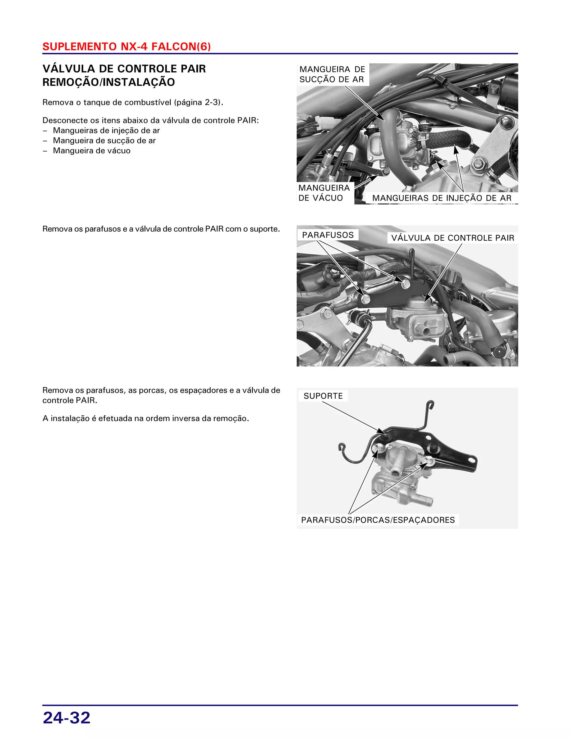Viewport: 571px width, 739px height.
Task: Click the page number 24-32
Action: (x=67, y=718)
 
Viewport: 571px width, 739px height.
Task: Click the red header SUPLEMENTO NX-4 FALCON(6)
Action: (x=127, y=46)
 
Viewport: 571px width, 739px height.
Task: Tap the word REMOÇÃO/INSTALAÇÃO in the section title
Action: (x=108, y=82)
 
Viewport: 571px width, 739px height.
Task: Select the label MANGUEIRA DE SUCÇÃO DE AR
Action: (x=332, y=74)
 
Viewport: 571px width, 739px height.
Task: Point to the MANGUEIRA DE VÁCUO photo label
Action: (x=324, y=193)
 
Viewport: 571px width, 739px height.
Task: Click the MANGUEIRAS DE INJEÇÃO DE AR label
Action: (x=441, y=198)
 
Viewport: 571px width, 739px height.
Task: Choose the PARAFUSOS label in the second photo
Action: (x=327, y=235)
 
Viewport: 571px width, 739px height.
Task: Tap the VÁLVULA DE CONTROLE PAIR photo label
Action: (x=452, y=238)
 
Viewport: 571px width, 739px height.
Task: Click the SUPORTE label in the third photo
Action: (x=323, y=396)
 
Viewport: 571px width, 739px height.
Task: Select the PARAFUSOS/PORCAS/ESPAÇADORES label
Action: (x=378, y=520)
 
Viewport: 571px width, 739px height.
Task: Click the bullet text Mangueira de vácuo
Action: (x=92, y=151)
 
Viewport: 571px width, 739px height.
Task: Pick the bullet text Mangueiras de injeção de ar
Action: (x=106, y=130)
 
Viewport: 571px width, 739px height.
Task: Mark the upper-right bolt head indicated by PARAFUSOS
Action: (x=406, y=284)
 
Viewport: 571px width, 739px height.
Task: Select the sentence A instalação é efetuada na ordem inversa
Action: (x=146, y=418)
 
